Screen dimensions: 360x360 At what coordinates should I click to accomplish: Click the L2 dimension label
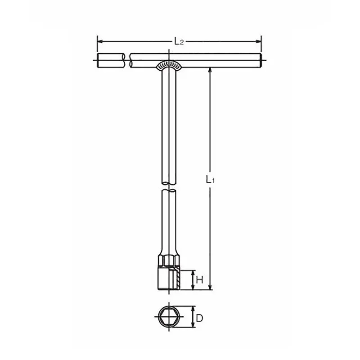179,42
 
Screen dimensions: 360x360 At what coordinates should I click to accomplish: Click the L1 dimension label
210,179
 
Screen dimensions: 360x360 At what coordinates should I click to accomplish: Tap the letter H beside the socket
199,280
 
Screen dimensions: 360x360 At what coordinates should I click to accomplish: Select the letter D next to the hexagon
199,319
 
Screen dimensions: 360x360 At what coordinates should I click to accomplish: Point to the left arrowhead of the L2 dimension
100,41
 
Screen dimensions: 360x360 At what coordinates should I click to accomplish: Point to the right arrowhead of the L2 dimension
258,41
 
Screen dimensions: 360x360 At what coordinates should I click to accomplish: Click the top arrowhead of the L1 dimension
209,71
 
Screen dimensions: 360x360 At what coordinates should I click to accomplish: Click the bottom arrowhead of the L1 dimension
209,287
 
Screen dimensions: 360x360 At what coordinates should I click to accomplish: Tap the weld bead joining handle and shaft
169,65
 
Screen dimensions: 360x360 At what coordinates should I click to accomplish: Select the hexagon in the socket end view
169,317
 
